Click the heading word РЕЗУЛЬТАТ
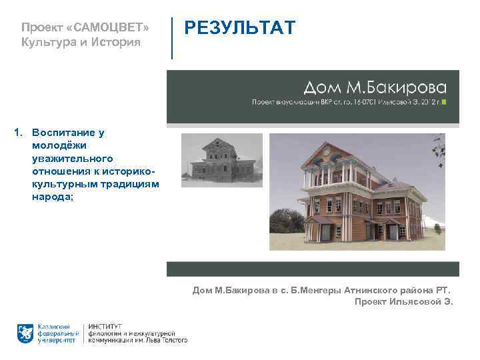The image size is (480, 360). (239, 29)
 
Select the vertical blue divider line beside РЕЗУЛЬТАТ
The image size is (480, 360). (172, 38)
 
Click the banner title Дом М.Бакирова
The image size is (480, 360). (375, 87)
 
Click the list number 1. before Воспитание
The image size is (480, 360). (19, 133)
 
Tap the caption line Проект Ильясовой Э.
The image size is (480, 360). (403, 301)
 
